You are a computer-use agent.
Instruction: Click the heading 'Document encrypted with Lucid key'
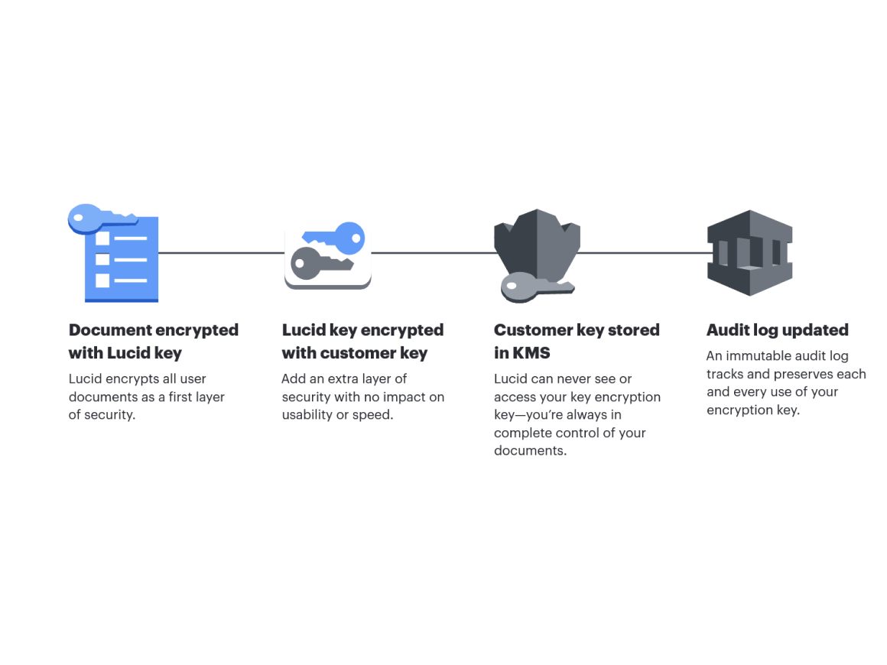(153, 342)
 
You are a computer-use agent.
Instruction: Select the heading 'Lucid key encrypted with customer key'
(362, 342)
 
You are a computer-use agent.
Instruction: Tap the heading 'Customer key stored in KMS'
(576, 342)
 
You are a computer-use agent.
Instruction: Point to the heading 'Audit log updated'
(777, 330)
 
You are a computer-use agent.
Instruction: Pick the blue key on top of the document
(99, 218)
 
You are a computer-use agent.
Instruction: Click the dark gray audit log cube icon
(749, 252)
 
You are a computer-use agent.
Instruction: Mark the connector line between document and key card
(221, 252)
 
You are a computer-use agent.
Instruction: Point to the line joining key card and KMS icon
(433, 252)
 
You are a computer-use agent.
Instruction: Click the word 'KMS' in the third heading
(531, 353)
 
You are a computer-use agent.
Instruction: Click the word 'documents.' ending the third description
(530, 451)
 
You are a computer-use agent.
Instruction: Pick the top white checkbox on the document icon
(102, 238)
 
